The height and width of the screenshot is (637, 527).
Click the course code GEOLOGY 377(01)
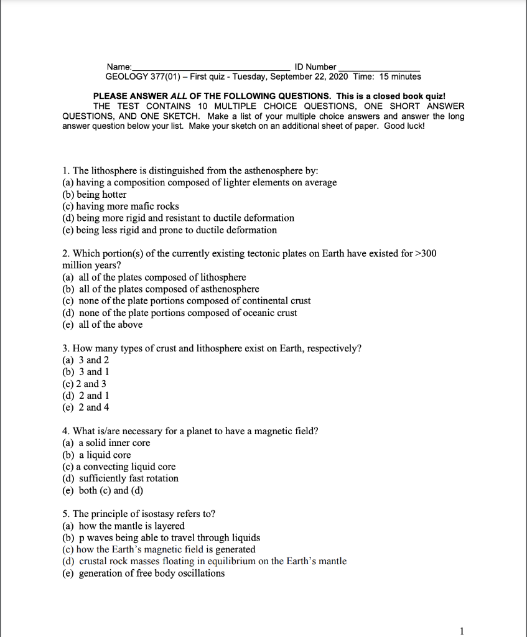pos(146,77)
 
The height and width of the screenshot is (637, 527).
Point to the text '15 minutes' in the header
pos(400,77)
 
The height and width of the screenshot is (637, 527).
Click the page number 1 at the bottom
pos(461,631)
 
